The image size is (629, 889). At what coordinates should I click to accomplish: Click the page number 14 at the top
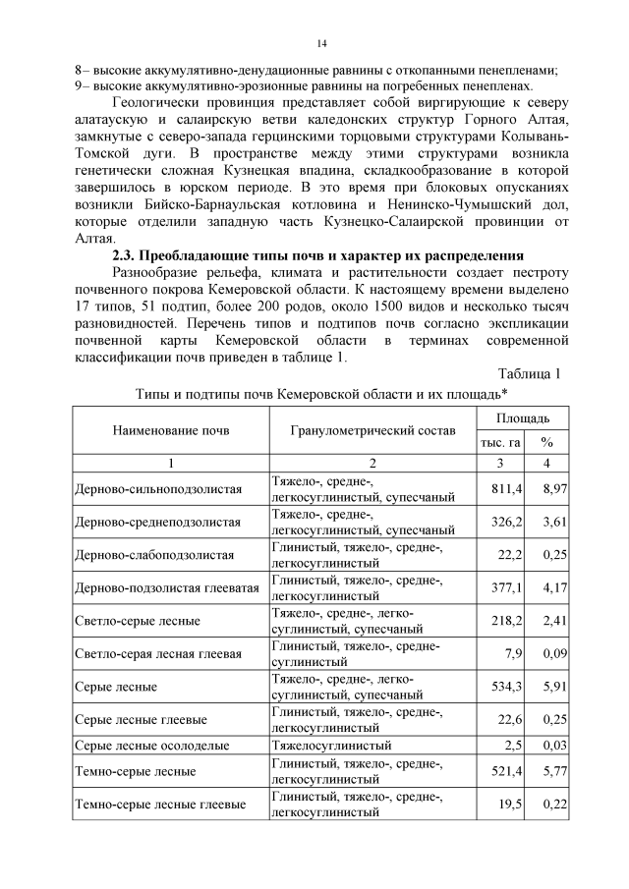tap(320, 44)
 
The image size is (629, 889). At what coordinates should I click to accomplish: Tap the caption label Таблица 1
tap(530, 373)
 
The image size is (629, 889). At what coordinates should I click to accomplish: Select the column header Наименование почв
tap(171, 431)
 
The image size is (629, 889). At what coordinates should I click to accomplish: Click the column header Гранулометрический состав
tap(372, 431)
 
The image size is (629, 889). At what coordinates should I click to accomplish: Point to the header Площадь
tap(523, 419)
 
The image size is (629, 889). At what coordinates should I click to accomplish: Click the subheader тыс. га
tap(500, 443)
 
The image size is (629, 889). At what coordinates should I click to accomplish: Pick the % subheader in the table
tap(547, 443)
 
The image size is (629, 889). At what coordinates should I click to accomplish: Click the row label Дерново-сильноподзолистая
tap(158, 488)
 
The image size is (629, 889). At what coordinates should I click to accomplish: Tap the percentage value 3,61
tap(554, 521)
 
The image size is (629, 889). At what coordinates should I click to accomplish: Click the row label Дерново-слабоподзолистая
tap(154, 554)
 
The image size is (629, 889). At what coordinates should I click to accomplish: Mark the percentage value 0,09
tap(554, 653)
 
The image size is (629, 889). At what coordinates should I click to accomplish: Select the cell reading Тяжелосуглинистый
tap(331, 746)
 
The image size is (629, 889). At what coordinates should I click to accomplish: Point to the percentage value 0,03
tap(554, 746)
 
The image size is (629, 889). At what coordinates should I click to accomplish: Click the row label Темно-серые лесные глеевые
tap(160, 805)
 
